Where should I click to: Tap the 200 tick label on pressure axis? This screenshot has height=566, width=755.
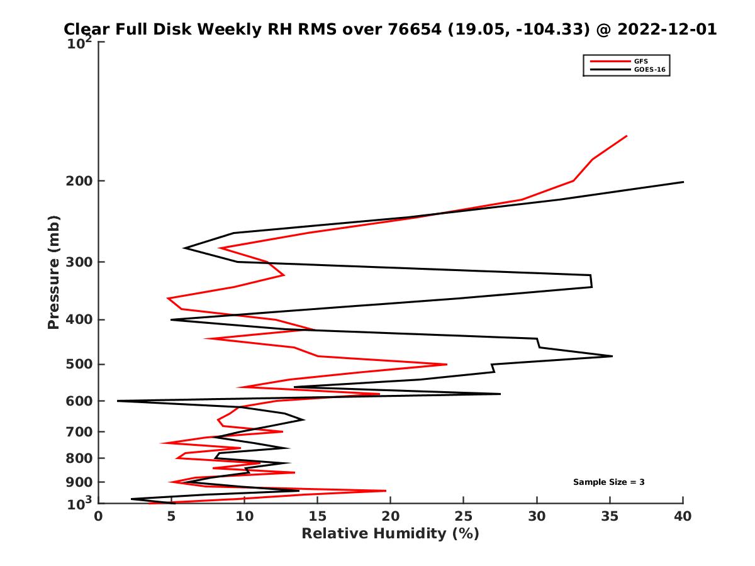pyautogui.click(x=80, y=181)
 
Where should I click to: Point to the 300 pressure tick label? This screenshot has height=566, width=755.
pyautogui.click(x=80, y=262)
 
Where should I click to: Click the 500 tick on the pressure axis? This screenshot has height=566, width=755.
pyautogui.click(x=80, y=364)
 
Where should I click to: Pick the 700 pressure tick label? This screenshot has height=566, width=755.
pyautogui.click(x=80, y=431)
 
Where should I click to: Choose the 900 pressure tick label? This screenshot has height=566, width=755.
pyautogui.click(x=80, y=482)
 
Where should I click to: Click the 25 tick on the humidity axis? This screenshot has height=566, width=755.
pyautogui.click(x=464, y=516)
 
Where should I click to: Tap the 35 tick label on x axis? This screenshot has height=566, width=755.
pyautogui.click(x=610, y=516)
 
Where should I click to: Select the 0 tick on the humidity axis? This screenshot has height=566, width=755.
pyautogui.click(x=99, y=516)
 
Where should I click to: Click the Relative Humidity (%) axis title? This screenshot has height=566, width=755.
pyautogui.click(x=390, y=534)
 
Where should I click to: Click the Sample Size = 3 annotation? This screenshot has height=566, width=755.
pyautogui.click(x=608, y=482)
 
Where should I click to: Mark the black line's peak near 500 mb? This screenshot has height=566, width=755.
pyautogui.click(x=612, y=356)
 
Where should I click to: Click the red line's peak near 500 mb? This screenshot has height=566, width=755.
pyautogui.click(x=447, y=364)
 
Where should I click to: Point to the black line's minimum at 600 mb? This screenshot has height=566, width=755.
pyautogui.click(x=118, y=401)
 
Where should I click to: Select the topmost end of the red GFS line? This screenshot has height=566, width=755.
pyautogui.click(x=627, y=136)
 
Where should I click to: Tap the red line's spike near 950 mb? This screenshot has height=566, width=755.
pyautogui.click(x=386, y=491)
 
